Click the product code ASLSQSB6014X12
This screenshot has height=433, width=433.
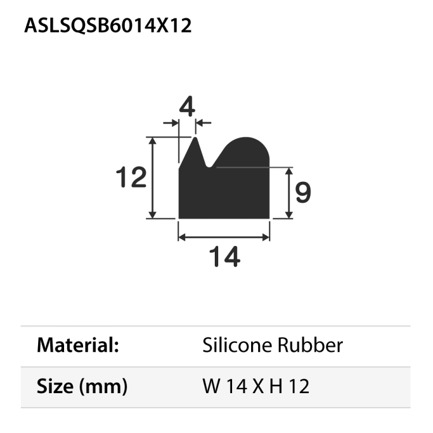(x=108, y=26)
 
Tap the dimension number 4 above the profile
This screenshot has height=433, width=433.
(x=187, y=107)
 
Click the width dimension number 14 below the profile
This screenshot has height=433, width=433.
(x=224, y=256)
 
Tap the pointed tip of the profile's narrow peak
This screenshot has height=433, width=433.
(x=195, y=139)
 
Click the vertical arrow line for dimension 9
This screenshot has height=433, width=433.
(x=288, y=193)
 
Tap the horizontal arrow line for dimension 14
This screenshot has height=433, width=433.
(x=224, y=237)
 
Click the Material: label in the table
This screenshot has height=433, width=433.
(x=78, y=346)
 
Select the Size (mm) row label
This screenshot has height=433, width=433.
(x=82, y=386)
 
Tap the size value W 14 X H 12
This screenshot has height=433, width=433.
(x=256, y=386)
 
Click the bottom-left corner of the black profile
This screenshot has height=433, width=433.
(x=180, y=218)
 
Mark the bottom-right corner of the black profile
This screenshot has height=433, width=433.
(x=269, y=218)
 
